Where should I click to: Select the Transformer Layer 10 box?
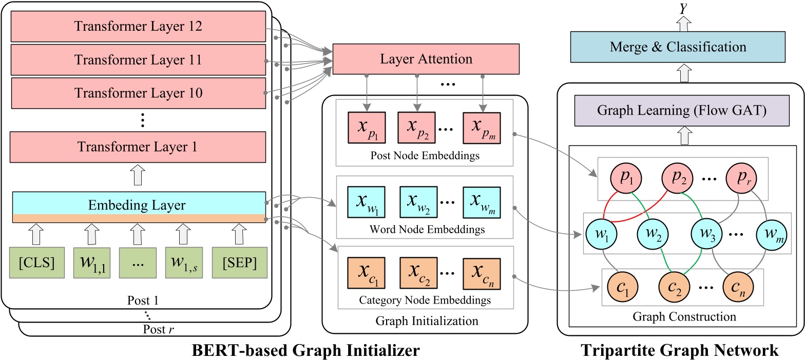click(138, 93)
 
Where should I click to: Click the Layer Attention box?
click(426, 59)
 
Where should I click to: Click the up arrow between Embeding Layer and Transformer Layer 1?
click(138, 176)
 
